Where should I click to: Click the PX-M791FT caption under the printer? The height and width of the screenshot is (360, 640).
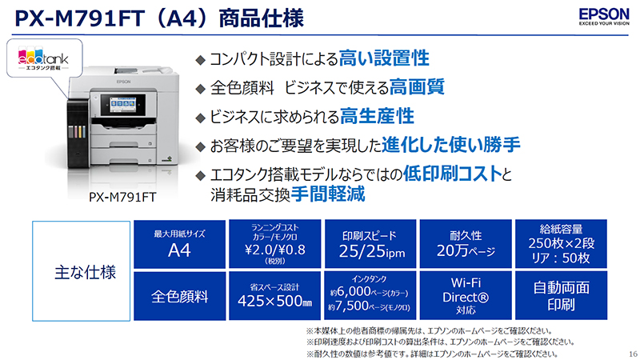(x=122, y=195)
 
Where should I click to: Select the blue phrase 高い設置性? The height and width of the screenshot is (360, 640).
(x=385, y=58)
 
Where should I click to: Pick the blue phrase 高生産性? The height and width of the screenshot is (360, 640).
(x=377, y=116)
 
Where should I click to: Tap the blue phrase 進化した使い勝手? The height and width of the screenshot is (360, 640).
(x=462, y=145)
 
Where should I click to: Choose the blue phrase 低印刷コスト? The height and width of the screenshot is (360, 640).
(x=454, y=174)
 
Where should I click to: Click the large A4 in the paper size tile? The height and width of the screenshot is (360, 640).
(x=180, y=253)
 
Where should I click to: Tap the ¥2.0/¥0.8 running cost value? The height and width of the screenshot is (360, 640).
(x=275, y=247)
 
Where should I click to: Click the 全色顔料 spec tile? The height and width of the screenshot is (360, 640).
(x=180, y=296)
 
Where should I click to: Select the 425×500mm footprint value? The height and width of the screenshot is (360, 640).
(x=275, y=302)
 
